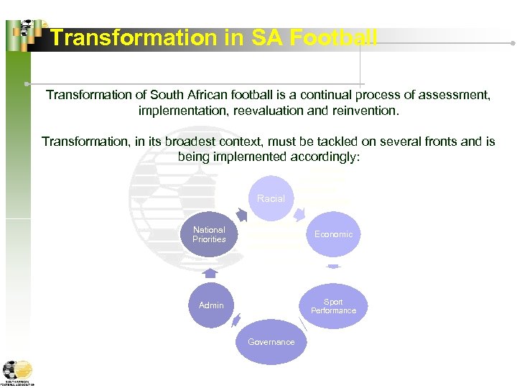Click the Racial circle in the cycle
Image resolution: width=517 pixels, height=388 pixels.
coord(271,198)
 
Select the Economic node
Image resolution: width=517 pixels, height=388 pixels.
coord(333,234)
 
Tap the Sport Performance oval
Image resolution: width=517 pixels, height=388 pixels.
coord(333,305)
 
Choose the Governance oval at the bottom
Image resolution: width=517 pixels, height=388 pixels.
coord(271,342)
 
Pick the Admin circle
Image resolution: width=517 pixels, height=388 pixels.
coord(211,305)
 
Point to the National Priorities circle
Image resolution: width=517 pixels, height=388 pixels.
coord(209,234)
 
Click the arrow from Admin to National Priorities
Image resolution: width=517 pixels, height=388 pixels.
coord(209,272)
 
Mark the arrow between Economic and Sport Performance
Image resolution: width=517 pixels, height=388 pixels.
coord(333,267)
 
